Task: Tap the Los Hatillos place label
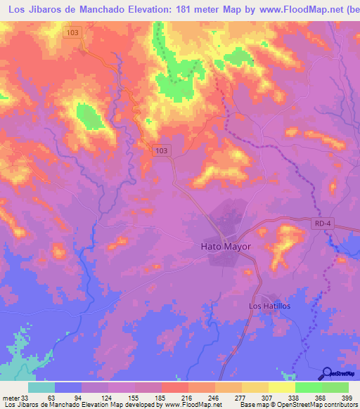pyautogui.click(x=270, y=306)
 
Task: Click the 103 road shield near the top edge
pyautogui.click(x=73, y=32)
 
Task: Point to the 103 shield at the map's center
pyautogui.click(x=162, y=150)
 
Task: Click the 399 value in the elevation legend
pyautogui.click(x=347, y=398)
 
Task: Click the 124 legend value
pyautogui.click(x=108, y=398)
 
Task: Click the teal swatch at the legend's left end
pyautogui.click(x=41, y=387)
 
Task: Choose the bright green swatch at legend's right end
pyautogui.click(x=335, y=387)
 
